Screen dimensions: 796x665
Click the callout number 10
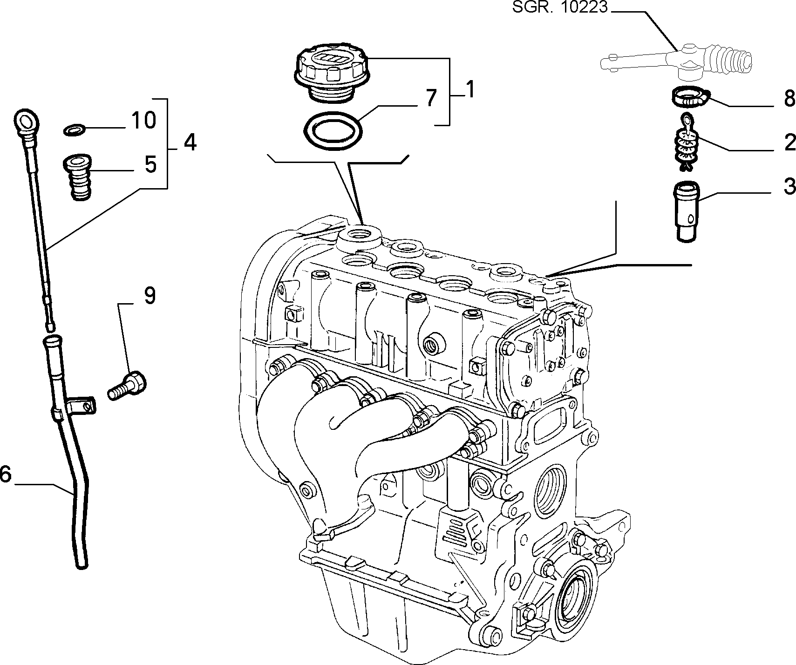point(143,121)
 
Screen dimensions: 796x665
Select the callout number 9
point(149,296)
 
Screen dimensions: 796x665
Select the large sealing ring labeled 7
point(332,132)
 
